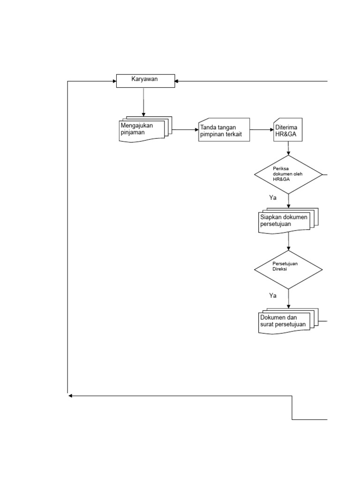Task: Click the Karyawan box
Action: tap(145, 81)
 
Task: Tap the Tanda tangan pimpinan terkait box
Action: tap(224, 130)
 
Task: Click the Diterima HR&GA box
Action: tap(288, 130)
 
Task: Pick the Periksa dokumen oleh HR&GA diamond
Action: tap(288, 174)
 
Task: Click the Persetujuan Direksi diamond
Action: tap(288, 270)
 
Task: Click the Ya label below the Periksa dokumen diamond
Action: tap(273, 198)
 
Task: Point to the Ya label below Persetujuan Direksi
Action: tap(273, 295)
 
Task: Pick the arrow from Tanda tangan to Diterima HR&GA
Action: tap(262, 129)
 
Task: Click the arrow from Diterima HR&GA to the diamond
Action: tap(288, 149)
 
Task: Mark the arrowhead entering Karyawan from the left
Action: tap(114, 81)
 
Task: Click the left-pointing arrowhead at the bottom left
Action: tap(70, 396)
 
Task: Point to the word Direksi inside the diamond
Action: tap(280, 270)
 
